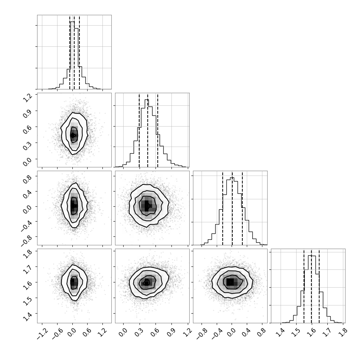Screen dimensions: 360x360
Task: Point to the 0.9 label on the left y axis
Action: (27, 112)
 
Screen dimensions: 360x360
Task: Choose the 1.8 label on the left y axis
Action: (27, 253)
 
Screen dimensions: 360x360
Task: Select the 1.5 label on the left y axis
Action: (27, 300)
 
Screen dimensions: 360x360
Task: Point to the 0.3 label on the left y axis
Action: (27, 145)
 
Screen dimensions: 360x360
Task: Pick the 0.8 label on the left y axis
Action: (27, 178)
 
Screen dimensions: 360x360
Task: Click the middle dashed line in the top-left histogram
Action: (74, 52)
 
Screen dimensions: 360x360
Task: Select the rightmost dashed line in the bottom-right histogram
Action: (319, 286)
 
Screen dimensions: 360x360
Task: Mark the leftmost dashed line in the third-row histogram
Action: (223, 208)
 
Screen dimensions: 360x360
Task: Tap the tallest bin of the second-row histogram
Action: (147, 133)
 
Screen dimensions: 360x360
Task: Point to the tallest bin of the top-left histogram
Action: (72, 55)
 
